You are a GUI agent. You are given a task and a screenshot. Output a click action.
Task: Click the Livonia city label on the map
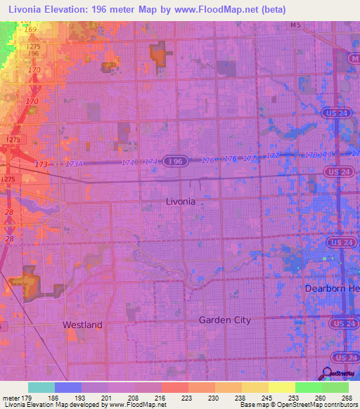180,201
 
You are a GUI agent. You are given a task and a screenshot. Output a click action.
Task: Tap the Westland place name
82,325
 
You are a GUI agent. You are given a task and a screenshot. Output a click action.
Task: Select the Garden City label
224,320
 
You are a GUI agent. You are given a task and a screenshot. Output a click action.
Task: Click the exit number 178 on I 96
310,155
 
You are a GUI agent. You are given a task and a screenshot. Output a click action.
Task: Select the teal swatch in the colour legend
41,387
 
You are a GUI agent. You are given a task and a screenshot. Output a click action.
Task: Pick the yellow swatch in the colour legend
281,387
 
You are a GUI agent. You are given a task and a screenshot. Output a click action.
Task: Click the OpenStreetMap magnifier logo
328,374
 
